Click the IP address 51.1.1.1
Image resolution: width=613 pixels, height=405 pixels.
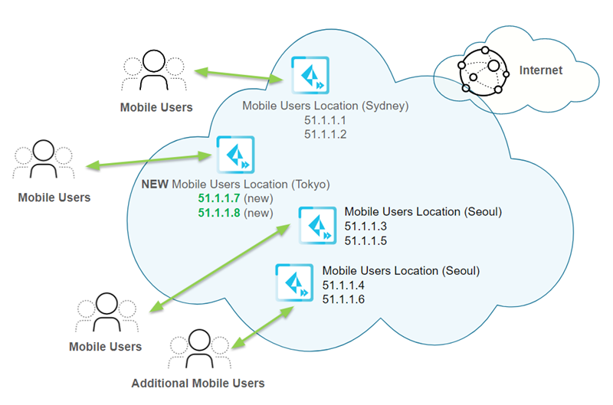tap(325, 121)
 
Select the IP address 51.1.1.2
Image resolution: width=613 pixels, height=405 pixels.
tap(325, 135)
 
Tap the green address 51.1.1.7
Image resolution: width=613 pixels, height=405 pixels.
tap(218, 198)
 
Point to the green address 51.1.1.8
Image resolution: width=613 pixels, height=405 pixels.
tap(218, 212)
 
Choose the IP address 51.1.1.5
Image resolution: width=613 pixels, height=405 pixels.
tap(366, 240)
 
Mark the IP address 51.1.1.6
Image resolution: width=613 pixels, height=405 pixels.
tap(344, 299)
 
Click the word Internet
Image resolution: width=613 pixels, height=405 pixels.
tap(541, 70)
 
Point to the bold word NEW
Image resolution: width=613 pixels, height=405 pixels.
tap(156, 184)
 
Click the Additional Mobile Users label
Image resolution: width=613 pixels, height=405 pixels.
tap(198, 383)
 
